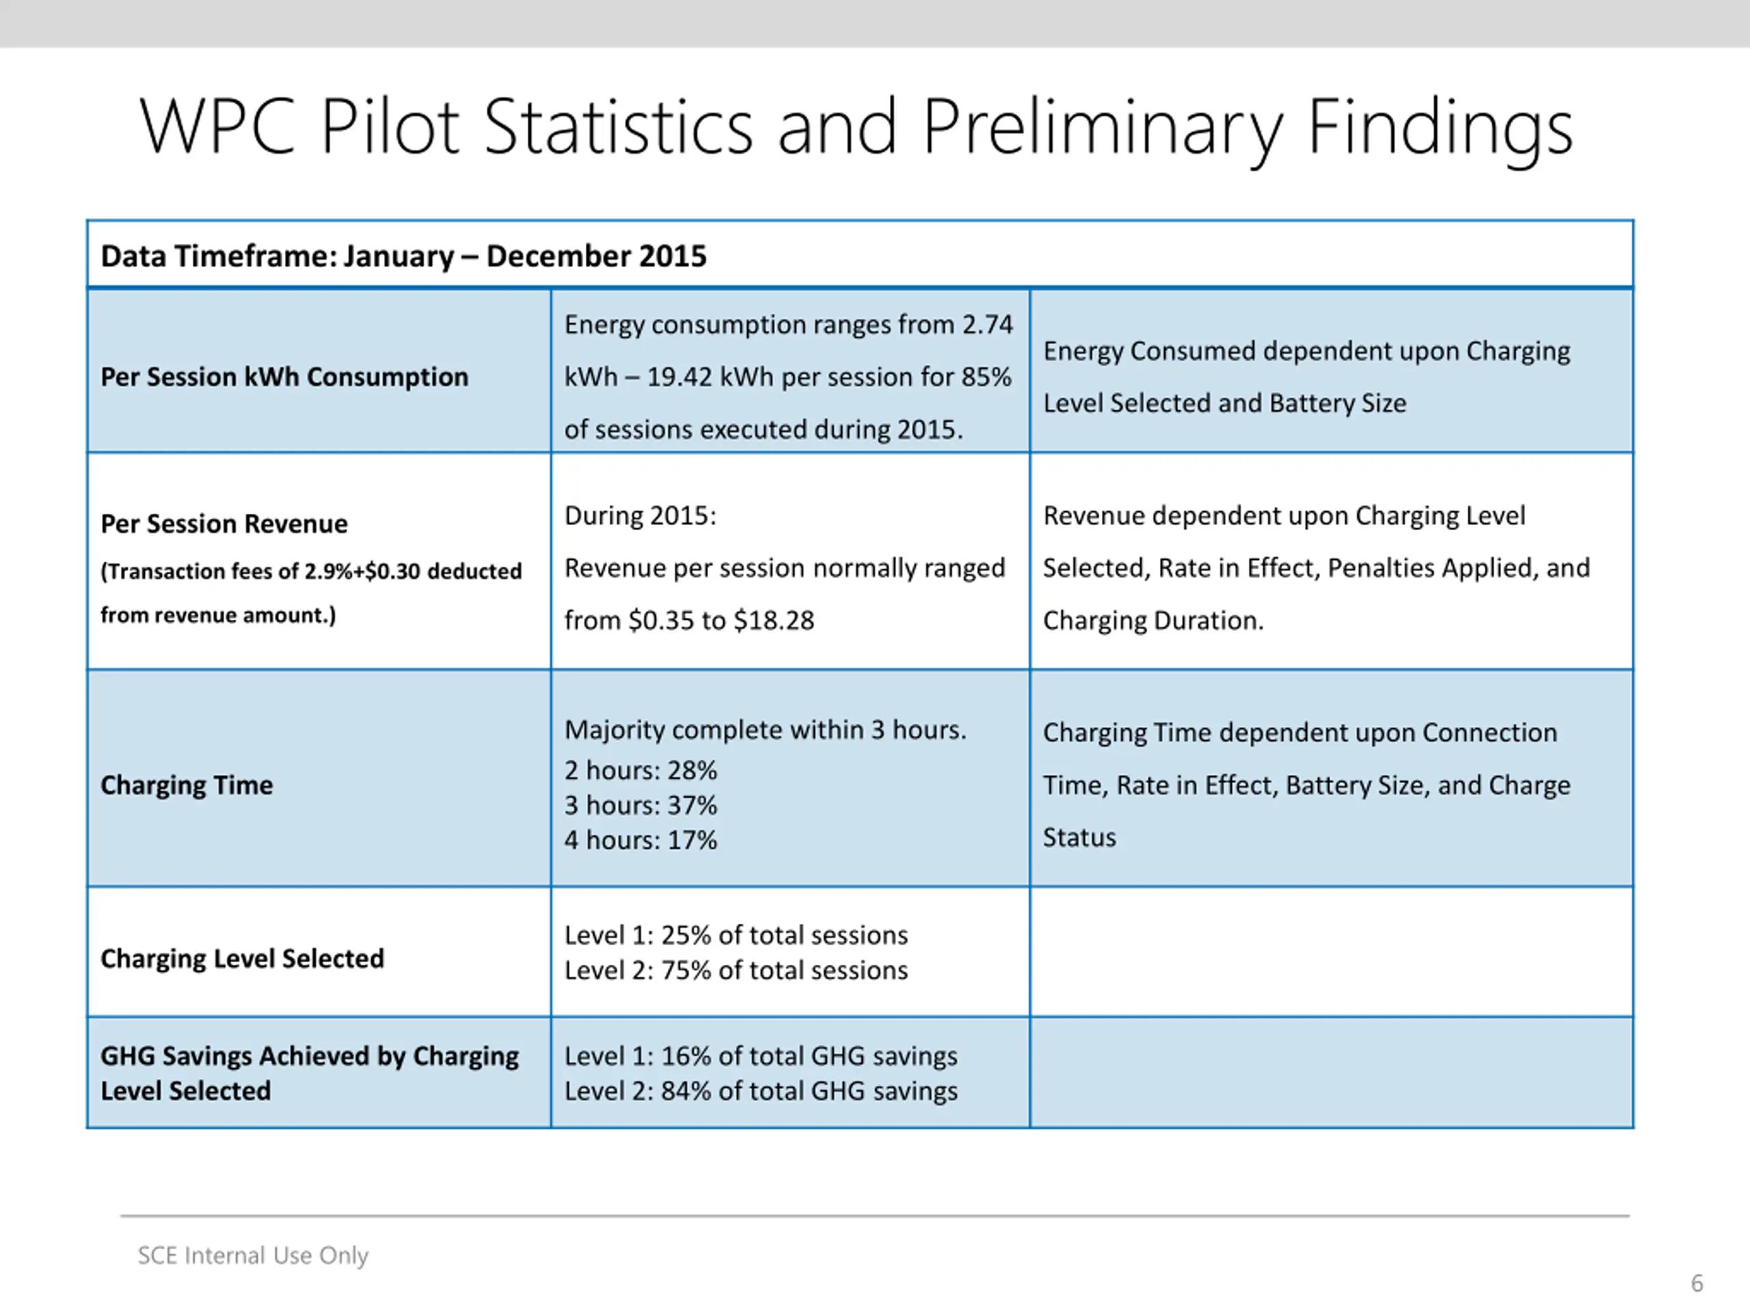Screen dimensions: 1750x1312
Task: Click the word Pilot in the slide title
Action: [x=389, y=126]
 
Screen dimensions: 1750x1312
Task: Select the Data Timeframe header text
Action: [x=403, y=256]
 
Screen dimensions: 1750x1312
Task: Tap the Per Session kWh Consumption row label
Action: [x=285, y=377]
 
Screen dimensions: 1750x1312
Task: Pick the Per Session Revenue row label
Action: [x=224, y=523]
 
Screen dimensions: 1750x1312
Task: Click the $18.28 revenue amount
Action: [x=774, y=620]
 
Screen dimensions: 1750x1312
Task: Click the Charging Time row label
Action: [x=187, y=784]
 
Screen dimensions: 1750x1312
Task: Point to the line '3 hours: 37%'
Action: [x=641, y=805]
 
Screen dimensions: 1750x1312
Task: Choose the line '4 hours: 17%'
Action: [x=641, y=840]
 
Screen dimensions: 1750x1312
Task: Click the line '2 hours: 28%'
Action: [x=641, y=770]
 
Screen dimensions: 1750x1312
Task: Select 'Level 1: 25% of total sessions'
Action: [x=736, y=935]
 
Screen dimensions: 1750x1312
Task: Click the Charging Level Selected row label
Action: [x=242, y=959]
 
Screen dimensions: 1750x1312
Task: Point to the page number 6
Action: [x=1697, y=1283]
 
